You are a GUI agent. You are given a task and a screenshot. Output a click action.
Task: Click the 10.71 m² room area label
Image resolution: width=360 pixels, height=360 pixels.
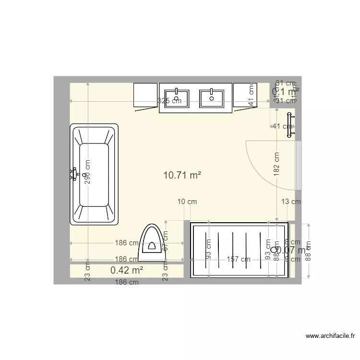point(182,176)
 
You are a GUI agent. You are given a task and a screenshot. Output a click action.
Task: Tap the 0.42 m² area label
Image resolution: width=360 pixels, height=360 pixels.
point(127,270)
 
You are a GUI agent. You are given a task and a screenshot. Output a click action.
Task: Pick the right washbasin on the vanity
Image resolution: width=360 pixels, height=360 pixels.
point(211,98)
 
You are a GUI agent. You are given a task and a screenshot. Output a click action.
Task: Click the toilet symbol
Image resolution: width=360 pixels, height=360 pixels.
point(152,243)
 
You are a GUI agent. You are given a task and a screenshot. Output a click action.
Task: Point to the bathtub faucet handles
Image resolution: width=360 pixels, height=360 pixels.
point(73,173)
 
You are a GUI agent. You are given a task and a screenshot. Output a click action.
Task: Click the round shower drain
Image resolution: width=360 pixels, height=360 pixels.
point(274,250)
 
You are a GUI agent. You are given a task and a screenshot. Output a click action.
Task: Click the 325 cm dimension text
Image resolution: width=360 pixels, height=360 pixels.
point(169,101)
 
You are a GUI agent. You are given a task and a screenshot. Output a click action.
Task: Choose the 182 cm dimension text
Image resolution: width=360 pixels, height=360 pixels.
point(276,164)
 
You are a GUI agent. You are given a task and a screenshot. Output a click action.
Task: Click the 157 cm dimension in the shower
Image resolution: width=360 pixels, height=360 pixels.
point(239,259)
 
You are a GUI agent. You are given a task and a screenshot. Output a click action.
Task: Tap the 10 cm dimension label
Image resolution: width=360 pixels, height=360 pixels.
point(187,202)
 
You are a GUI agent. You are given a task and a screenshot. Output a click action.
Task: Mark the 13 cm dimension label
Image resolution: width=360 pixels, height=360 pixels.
point(291,202)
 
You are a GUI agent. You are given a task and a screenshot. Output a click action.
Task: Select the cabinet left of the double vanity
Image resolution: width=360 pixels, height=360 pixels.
point(145,95)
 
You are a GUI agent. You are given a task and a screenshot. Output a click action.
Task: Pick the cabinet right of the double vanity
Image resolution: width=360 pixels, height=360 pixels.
point(245,95)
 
